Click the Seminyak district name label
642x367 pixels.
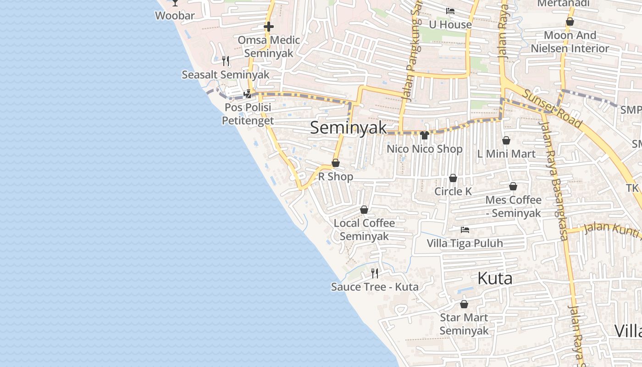click(349, 128)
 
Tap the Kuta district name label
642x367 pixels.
click(495, 278)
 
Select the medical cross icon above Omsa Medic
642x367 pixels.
click(269, 27)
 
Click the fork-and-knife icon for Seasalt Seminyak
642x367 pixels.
click(225, 61)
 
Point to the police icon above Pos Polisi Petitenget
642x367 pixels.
click(248, 94)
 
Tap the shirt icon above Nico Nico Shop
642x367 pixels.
click(424, 135)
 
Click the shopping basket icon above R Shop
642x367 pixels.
click(336, 163)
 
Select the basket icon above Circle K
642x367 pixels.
click(453, 178)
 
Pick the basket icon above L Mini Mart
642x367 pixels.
click(506, 140)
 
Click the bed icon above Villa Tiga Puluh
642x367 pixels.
click(465, 229)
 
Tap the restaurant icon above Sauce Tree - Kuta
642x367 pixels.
click(375, 273)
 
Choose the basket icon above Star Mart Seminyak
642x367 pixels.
click(464, 304)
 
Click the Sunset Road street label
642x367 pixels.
click(552, 109)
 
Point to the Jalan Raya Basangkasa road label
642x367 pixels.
click(556, 183)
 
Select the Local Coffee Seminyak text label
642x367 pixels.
click(364, 230)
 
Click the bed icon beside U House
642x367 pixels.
click(450, 11)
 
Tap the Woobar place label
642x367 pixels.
click(175, 16)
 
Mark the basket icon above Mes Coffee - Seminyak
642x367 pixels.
click(513, 186)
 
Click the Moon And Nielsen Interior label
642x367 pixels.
click(570, 42)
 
